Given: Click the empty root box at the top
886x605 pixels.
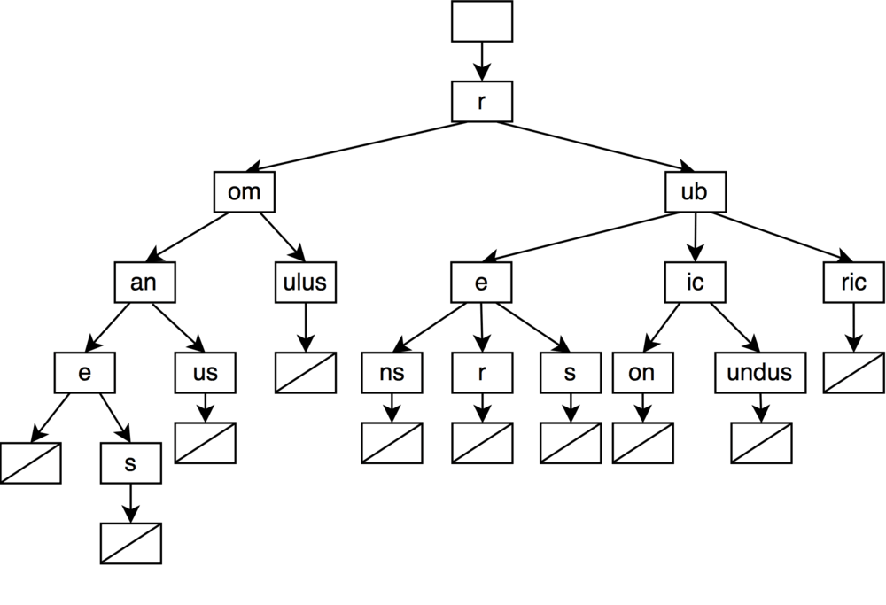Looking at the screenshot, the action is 481,21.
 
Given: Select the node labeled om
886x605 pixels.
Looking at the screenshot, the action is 245,192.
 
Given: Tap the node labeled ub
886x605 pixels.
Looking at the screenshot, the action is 694,192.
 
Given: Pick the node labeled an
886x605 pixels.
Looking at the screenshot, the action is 144,283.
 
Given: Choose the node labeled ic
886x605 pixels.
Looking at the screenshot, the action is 696,283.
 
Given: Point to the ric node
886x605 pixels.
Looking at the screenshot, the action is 853,283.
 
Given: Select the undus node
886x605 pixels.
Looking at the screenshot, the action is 759,373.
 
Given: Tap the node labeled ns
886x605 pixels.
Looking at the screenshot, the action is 391,373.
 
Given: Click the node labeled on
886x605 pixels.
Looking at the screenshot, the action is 641,373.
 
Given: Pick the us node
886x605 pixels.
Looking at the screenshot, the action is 205,373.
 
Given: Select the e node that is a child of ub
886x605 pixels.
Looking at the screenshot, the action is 481,283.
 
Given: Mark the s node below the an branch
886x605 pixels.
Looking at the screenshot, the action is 130,463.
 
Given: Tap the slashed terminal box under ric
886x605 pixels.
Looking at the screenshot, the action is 853,373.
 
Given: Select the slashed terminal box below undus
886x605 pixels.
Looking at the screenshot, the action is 761,443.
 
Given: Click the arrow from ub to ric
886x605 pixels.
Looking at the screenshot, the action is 780,238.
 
